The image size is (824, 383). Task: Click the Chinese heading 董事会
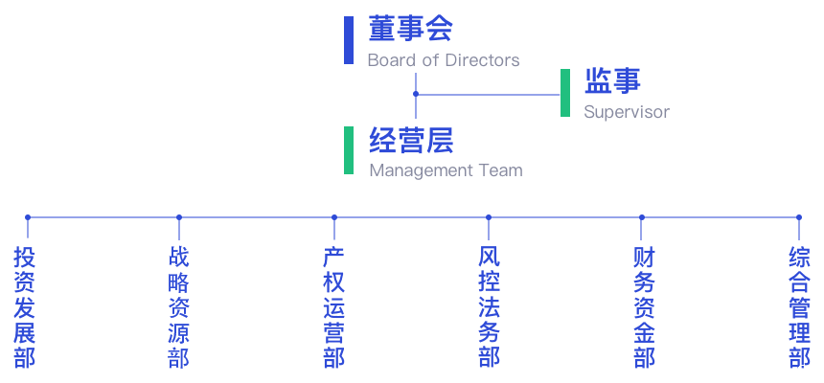pos(410,29)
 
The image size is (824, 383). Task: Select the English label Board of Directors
pos(443,60)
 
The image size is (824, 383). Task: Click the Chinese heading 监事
pos(612,80)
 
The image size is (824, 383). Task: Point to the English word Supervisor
pos(627,113)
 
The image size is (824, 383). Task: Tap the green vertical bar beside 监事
pos(565,93)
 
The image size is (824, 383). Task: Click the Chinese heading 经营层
pos(411,141)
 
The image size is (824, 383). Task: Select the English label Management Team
pos(446,171)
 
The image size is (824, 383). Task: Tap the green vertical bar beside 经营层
pos(349,150)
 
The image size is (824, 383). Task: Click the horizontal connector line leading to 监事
pos(489,95)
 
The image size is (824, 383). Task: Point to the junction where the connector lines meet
pos(415,95)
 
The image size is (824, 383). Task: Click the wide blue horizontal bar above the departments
pos(412,229)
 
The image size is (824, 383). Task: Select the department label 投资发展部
pos(25,307)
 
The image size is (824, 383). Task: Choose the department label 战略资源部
pos(178,307)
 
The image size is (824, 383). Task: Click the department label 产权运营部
pos(333,307)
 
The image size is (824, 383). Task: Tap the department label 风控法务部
pos(489,307)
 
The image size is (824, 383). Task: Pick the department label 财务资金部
pos(644,307)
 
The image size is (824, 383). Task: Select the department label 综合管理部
pos(799,307)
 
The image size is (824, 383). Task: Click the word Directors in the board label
pos(485,60)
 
